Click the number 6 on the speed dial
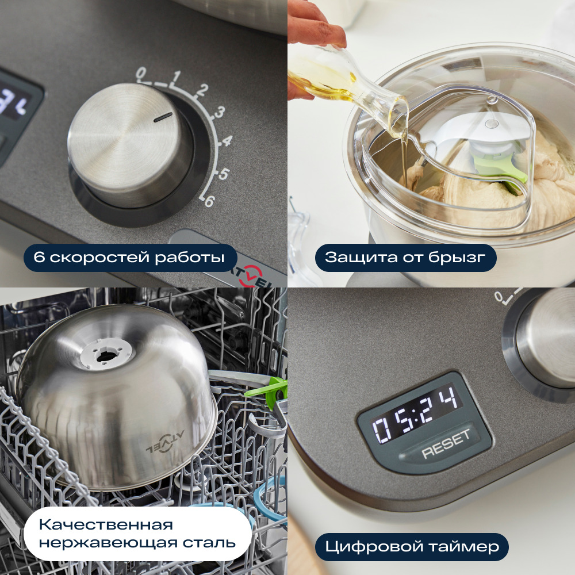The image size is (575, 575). tap(209, 202)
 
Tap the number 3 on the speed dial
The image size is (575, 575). tap(219, 113)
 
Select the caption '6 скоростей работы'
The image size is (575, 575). tap(130, 258)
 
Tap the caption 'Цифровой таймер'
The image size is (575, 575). tap(411, 547)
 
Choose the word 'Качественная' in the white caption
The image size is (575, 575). tap(106, 525)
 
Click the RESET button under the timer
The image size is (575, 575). tap(446, 444)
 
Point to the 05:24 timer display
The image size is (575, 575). tap(416, 413)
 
